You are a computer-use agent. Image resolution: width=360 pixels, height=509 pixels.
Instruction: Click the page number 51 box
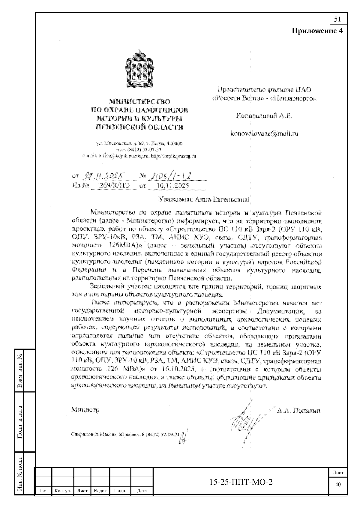pyautogui.click(x=337, y=19)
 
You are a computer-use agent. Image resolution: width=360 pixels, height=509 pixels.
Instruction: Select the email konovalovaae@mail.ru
pyautogui.click(x=264, y=133)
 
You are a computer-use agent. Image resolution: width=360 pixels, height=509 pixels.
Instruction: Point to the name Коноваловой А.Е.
pyautogui.click(x=264, y=116)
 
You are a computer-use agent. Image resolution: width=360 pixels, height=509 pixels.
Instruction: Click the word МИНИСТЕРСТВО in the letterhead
pyautogui.click(x=139, y=102)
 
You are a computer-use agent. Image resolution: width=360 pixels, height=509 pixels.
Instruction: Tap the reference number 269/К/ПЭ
pyautogui.click(x=114, y=186)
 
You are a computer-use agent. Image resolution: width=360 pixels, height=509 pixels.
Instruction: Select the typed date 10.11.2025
pyautogui.click(x=173, y=186)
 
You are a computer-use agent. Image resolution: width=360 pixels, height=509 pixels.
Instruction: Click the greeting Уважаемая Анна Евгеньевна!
pyautogui.click(x=204, y=199)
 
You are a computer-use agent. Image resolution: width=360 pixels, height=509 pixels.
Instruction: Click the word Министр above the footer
pyautogui.click(x=85, y=410)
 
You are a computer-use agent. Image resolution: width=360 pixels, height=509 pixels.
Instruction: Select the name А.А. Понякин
pyautogui.click(x=298, y=411)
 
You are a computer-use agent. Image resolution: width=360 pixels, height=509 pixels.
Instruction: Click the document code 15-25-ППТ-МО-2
pyautogui.click(x=241, y=482)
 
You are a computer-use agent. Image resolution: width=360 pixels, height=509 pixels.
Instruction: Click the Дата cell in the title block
pyautogui.click(x=142, y=491)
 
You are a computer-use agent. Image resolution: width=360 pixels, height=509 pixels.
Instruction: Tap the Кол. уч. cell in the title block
pyautogui.click(x=62, y=491)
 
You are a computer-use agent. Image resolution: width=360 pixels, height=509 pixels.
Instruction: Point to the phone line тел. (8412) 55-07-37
pyautogui.click(x=139, y=150)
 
